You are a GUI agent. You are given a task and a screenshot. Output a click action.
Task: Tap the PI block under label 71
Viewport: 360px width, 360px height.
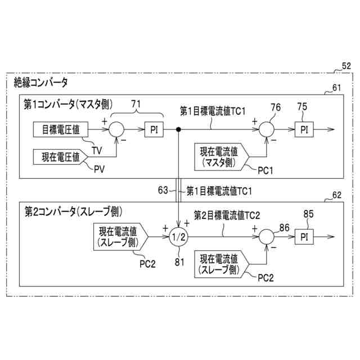click(154, 129)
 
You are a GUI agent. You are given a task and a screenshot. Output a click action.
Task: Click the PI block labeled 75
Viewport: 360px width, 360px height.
click(304, 129)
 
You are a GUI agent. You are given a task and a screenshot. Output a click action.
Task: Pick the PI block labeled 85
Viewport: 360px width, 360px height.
click(304, 236)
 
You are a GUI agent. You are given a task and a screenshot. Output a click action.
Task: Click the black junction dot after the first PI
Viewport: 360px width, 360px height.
click(178, 129)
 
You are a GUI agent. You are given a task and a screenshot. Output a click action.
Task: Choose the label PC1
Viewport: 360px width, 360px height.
click(264, 169)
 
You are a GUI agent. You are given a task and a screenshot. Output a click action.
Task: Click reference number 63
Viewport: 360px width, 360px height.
click(163, 191)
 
